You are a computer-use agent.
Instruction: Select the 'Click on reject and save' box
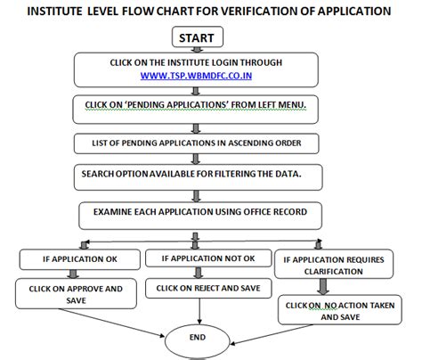[x=209, y=289]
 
